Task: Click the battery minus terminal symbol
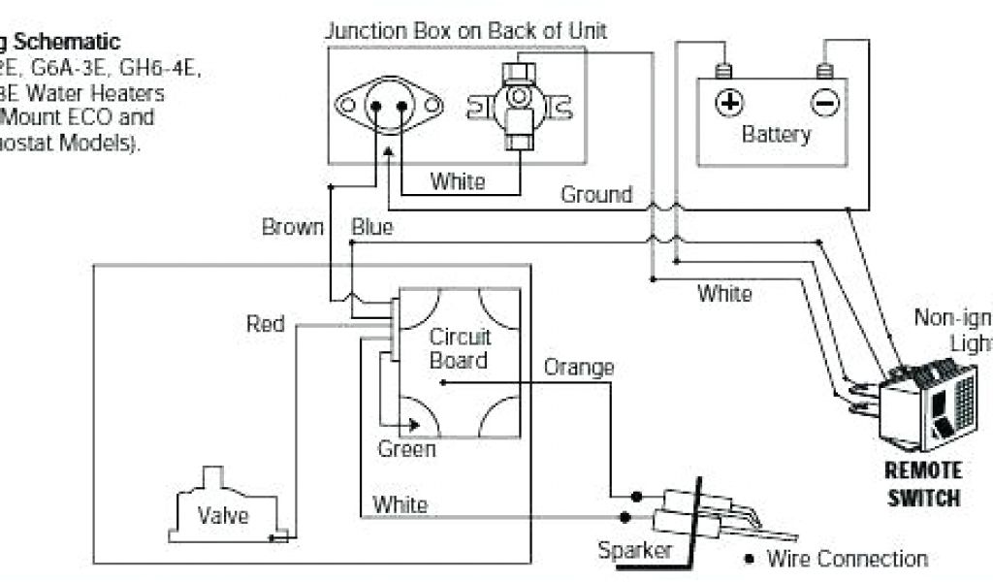[825, 102]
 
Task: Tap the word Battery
[776, 134]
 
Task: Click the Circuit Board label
[460, 348]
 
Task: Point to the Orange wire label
[579, 368]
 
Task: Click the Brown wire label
[292, 228]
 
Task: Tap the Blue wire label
[371, 228]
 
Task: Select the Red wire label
[266, 323]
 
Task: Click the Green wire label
[406, 449]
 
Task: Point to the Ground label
[596, 195]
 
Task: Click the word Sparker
[635, 551]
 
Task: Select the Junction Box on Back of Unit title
[465, 31]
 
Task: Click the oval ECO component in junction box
[387, 104]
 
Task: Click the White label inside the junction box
[457, 180]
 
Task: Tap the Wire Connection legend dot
[750, 559]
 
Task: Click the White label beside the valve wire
[400, 504]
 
